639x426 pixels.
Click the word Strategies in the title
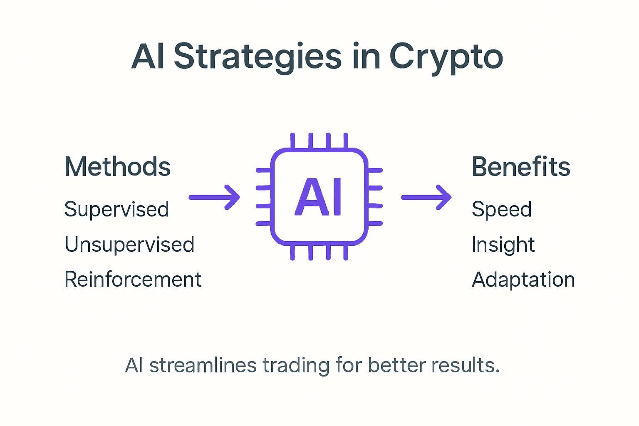258,57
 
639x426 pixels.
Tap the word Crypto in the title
446,57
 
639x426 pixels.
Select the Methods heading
117,167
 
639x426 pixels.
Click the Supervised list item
116,209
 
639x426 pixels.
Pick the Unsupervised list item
129,245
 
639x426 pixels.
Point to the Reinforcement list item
133,280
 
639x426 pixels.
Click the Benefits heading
520,167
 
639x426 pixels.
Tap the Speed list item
501,209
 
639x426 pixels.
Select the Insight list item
503,245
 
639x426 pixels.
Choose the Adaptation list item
523,280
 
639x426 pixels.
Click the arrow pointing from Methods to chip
215,197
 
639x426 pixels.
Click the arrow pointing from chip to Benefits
426,197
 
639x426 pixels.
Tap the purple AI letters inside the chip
319,197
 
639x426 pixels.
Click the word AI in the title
148,57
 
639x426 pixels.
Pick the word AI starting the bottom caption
134,366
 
